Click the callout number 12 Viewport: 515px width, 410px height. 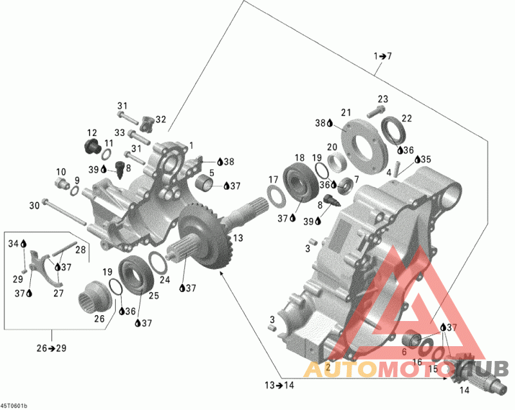(x=92, y=133)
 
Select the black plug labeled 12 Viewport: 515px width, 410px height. (x=91, y=146)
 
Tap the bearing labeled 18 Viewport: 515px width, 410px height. (x=301, y=183)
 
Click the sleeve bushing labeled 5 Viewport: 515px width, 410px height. (x=204, y=183)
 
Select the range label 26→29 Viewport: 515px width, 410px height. (x=51, y=348)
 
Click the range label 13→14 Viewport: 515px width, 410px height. (x=279, y=385)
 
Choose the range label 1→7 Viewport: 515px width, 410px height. (x=382, y=56)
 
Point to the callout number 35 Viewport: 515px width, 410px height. (x=426, y=159)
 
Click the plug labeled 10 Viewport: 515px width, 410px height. (x=62, y=182)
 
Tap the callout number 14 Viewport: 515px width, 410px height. (x=464, y=390)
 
